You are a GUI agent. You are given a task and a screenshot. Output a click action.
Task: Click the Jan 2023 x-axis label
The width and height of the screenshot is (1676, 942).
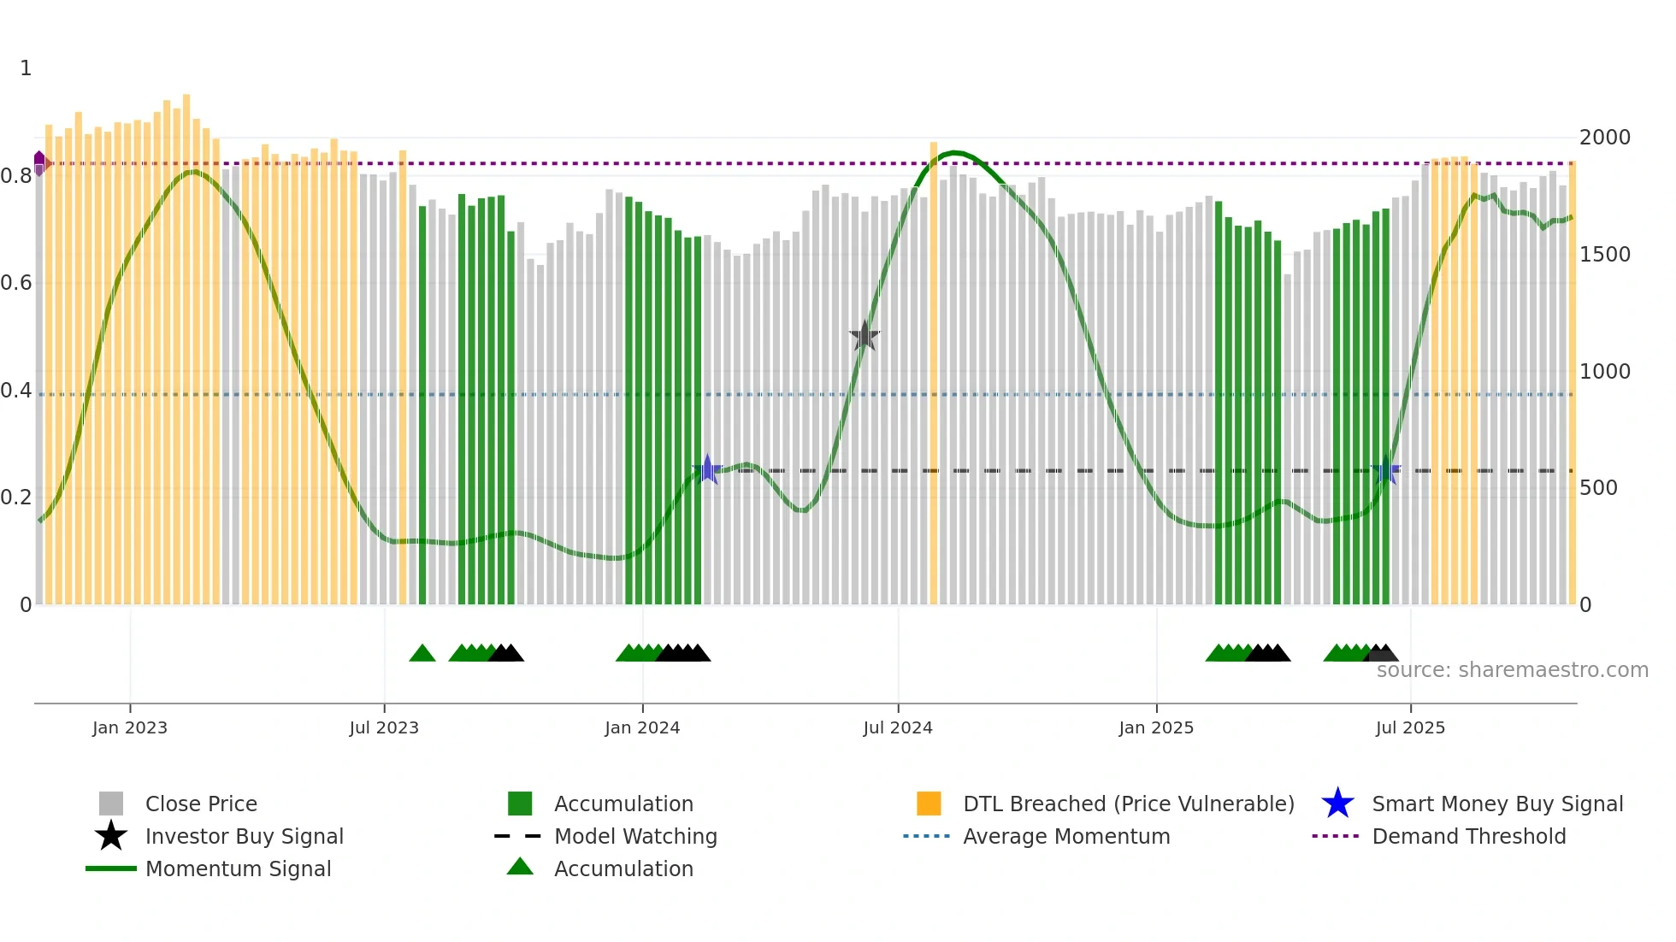coord(130,727)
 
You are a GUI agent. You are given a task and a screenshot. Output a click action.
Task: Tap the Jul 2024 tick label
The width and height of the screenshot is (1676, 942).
coord(898,727)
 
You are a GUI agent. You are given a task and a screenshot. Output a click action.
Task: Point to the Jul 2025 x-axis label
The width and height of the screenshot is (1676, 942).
coord(1410,727)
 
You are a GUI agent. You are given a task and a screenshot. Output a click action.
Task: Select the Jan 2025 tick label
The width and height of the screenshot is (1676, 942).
coord(1156,727)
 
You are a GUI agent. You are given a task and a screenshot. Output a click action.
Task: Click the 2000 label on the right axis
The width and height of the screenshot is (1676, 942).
coord(1605,138)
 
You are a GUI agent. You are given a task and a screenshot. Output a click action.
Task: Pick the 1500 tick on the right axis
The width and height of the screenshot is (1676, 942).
coord(1605,255)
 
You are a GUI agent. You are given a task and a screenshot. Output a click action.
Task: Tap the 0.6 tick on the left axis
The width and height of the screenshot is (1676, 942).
coord(16,283)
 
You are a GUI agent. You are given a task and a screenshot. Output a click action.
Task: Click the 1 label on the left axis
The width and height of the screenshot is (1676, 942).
coord(26,68)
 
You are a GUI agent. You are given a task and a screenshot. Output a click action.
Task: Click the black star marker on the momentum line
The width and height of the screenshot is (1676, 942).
coord(865,336)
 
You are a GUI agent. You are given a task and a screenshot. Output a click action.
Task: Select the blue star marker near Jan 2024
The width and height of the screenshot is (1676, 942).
coord(707,469)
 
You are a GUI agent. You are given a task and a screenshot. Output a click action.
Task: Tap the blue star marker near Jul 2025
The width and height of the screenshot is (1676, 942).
coord(1386,470)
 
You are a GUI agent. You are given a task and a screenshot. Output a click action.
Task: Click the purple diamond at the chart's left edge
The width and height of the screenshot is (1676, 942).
coord(39,162)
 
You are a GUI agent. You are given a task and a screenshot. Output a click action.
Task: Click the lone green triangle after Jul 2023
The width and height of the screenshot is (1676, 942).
coord(422,654)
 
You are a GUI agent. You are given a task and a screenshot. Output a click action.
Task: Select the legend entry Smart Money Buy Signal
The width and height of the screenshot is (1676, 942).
coord(1497,804)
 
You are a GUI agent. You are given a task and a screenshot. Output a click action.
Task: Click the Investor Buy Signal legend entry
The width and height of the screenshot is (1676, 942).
coord(244,836)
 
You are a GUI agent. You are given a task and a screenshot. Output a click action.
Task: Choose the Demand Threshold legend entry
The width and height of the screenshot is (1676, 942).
coord(1468,836)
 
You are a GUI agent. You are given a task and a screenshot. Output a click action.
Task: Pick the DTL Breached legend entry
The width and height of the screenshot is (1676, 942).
coord(1128,804)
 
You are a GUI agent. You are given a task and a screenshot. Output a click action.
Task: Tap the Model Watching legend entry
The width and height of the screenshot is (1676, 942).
coord(635,836)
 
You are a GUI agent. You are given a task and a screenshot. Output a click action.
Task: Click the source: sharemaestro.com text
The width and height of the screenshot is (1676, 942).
coord(1512,670)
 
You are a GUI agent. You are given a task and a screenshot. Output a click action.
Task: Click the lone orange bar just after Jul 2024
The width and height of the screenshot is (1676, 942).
coord(933,374)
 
